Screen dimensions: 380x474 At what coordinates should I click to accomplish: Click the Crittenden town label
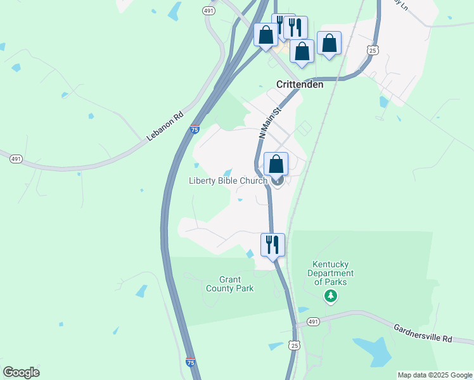[300, 84]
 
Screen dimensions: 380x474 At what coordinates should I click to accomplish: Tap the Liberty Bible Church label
[227, 181]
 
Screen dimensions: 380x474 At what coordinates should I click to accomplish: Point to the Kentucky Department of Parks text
[330, 273]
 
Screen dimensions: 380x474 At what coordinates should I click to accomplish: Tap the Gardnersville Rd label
[423, 333]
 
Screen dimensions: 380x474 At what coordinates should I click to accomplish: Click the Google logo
[21, 372]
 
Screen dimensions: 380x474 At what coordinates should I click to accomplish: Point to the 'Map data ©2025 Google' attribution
[434, 375]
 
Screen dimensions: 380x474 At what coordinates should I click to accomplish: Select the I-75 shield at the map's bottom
[191, 362]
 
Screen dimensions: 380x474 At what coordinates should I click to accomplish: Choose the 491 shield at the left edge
[15, 158]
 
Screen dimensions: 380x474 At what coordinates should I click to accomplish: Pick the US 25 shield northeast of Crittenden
[373, 49]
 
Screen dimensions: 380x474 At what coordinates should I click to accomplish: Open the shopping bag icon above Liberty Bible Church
[276, 165]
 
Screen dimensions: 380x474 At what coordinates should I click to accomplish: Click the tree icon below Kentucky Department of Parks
[330, 296]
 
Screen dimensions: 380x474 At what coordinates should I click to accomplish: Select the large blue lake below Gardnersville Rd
[373, 350]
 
